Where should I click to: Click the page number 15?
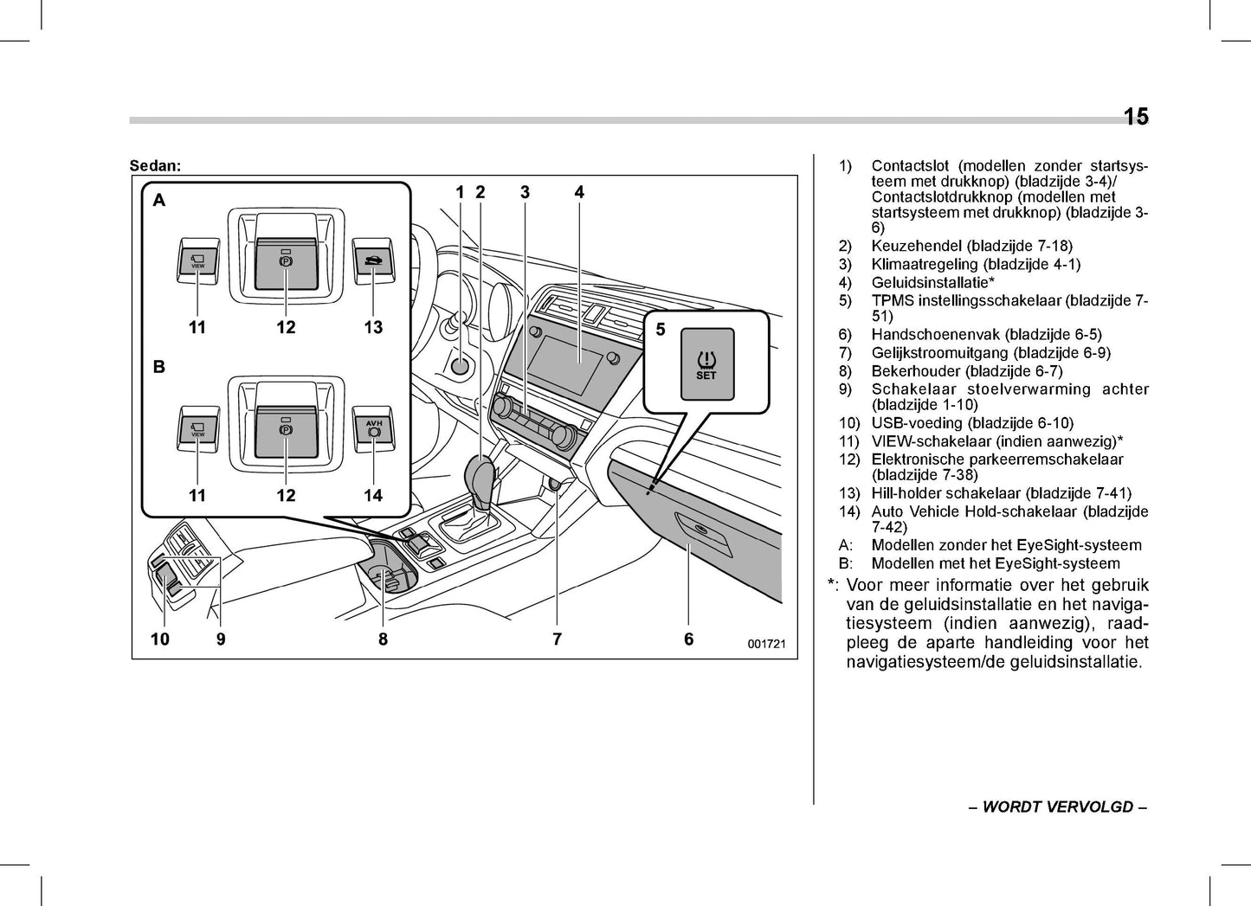click(x=1135, y=117)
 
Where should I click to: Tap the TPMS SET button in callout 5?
click(x=706, y=364)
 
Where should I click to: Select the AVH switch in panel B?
click(x=373, y=429)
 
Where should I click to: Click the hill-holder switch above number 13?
click(x=373, y=260)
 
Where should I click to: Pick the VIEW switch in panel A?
click(x=197, y=260)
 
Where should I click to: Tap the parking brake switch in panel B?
click(x=286, y=430)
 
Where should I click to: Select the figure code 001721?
click(x=766, y=644)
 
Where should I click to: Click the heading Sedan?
click(x=155, y=165)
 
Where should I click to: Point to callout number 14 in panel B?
click(x=373, y=496)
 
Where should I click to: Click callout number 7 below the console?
click(x=557, y=639)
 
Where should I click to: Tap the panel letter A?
click(x=159, y=201)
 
